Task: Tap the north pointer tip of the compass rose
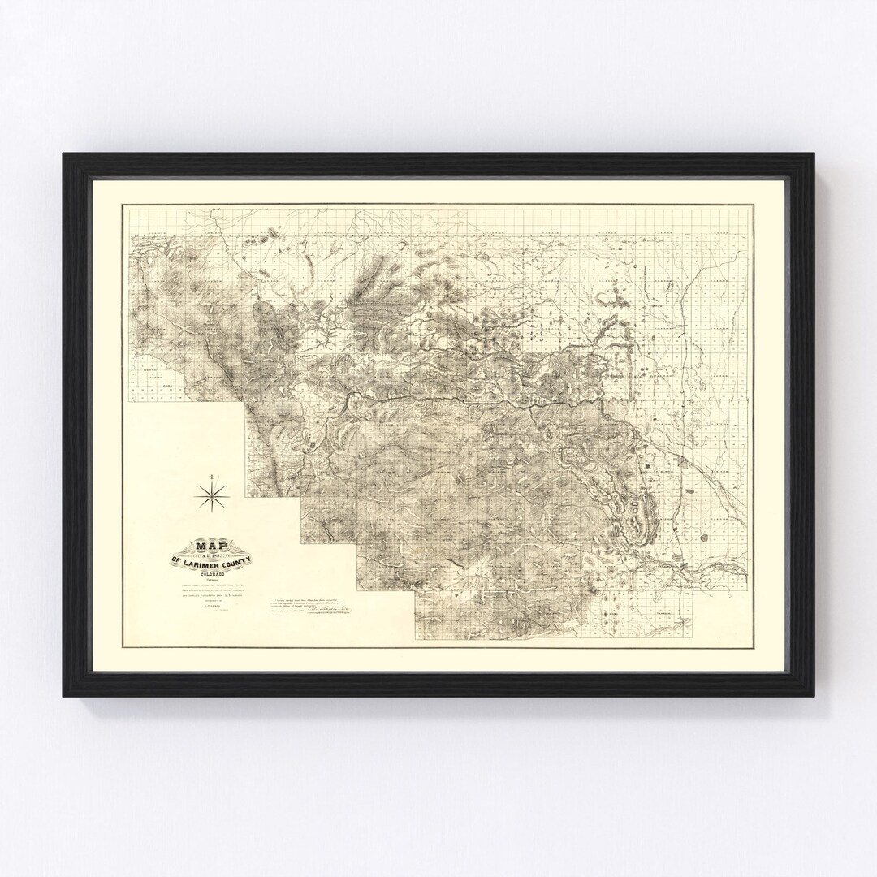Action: point(212,476)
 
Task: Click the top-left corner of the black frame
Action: point(64,153)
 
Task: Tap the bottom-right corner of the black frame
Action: point(813,697)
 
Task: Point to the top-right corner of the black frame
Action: point(813,153)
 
